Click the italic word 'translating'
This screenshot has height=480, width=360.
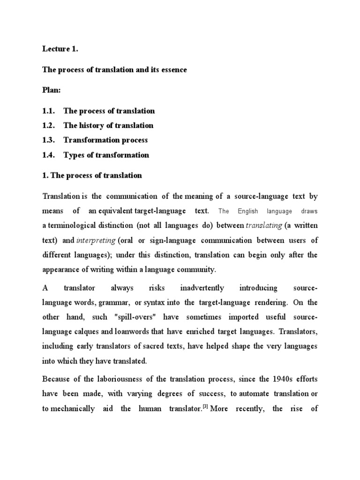(x=264, y=226)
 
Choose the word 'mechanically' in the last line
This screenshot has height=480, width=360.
(x=68, y=409)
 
